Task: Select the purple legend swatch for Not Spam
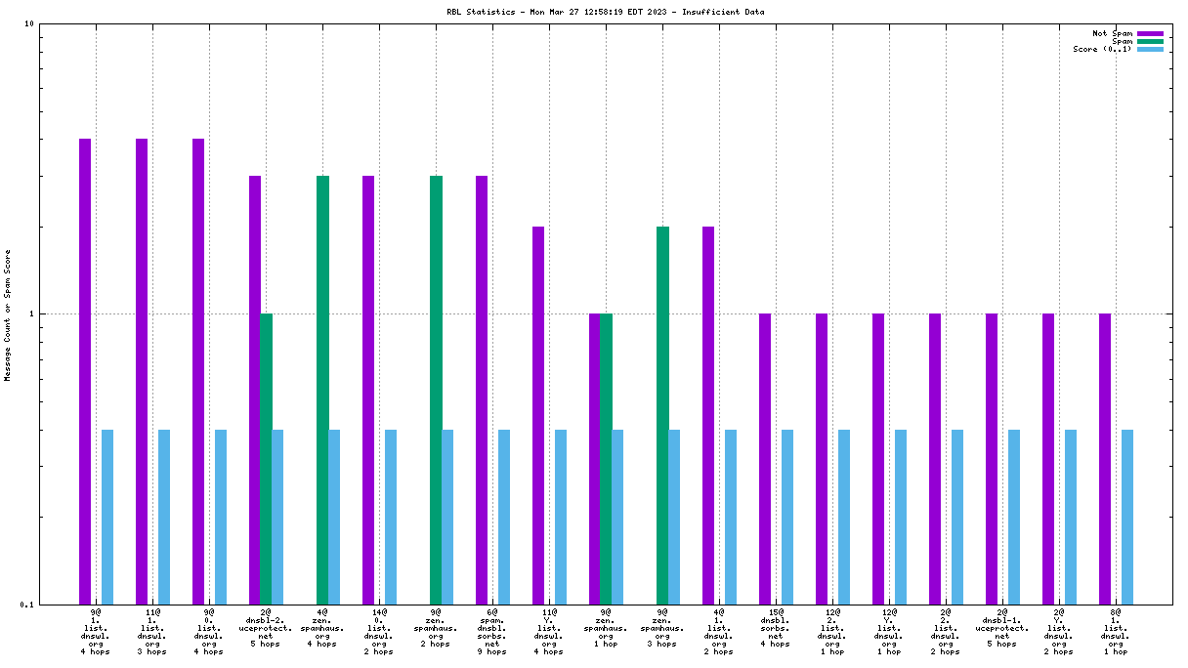pyautogui.click(x=1150, y=33)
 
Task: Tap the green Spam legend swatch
pyautogui.click(x=1150, y=41)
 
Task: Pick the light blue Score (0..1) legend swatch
pyautogui.click(x=1150, y=49)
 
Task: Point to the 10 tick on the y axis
pyautogui.click(x=28, y=23)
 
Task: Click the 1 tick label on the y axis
pyautogui.click(x=30, y=313)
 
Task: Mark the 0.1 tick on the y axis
pyautogui.click(x=26, y=604)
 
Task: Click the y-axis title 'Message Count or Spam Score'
pyautogui.click(x=8, y=314)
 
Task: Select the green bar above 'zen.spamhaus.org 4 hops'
pyautogui.click(x=322, y=390)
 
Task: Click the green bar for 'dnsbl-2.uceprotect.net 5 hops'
pyautogui.click(x=266, y=458)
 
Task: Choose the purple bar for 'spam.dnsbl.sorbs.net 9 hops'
pyautogui.click(x=482, y=390)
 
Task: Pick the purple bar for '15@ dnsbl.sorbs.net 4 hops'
pyautogui.click(x=765, y=458)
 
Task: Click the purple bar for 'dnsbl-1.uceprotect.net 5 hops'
pyautogui.click(x=992, y=458)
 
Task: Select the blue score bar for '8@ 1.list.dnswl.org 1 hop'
pyautogui.click(x=1127, y=517)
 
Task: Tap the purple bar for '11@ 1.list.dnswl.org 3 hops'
pyautogui.click(x=142, y=371)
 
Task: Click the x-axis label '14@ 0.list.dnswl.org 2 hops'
pyautogui.click(x=379, y=631)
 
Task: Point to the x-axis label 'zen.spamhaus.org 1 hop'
pyautogui.click(x=606, y=631)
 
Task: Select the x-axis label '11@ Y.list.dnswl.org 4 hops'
pyautogui.click(x=549, y=631)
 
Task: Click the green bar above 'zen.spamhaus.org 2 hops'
pyautogui.click(x=436, y=390)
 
